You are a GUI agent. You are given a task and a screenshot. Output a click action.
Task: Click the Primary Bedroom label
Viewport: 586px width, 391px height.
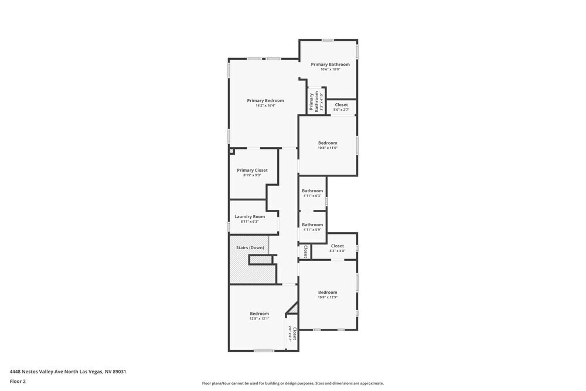(265, 100)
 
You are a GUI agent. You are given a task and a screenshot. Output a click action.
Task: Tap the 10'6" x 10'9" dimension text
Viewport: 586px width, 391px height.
(330, 69)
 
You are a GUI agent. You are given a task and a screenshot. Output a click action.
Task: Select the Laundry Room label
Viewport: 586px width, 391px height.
(250, 216)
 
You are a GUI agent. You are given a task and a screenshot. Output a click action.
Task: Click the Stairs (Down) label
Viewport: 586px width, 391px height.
(250, 247)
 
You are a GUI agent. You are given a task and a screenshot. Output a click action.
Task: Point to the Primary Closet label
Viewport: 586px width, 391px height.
(252, 170)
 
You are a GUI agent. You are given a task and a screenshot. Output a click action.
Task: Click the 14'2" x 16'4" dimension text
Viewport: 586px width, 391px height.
(265, 106)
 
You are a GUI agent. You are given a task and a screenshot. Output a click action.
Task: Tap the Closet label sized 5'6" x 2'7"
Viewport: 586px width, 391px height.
(341, 105)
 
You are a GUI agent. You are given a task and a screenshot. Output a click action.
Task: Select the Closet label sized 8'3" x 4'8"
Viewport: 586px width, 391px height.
(338, 246)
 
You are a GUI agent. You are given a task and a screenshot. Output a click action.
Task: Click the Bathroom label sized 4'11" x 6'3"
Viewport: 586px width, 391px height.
(312, 191)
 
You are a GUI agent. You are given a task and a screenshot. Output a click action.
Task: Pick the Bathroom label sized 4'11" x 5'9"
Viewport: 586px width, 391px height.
(312, 225)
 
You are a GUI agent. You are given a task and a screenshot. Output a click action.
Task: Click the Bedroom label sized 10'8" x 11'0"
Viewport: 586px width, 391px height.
(328, 143)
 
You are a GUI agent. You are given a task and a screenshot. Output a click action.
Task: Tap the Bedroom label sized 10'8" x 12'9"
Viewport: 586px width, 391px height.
(328, 292)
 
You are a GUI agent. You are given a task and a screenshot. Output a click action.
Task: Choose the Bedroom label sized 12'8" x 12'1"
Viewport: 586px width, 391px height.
(259, 313)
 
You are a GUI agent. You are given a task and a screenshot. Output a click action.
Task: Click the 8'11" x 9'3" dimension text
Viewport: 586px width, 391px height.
(252, 175)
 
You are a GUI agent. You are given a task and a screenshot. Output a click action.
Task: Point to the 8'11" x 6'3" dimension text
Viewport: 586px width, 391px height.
(250, 222)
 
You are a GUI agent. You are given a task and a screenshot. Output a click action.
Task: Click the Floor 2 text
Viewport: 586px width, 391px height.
(18, 381)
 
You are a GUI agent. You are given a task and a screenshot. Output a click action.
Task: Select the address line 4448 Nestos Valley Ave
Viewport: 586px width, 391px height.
(68, 371)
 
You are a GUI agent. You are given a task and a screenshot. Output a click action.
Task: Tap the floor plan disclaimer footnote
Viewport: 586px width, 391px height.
(293, 383)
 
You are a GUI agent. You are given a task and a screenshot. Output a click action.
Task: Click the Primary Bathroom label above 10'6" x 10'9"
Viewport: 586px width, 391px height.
(330, 64)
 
